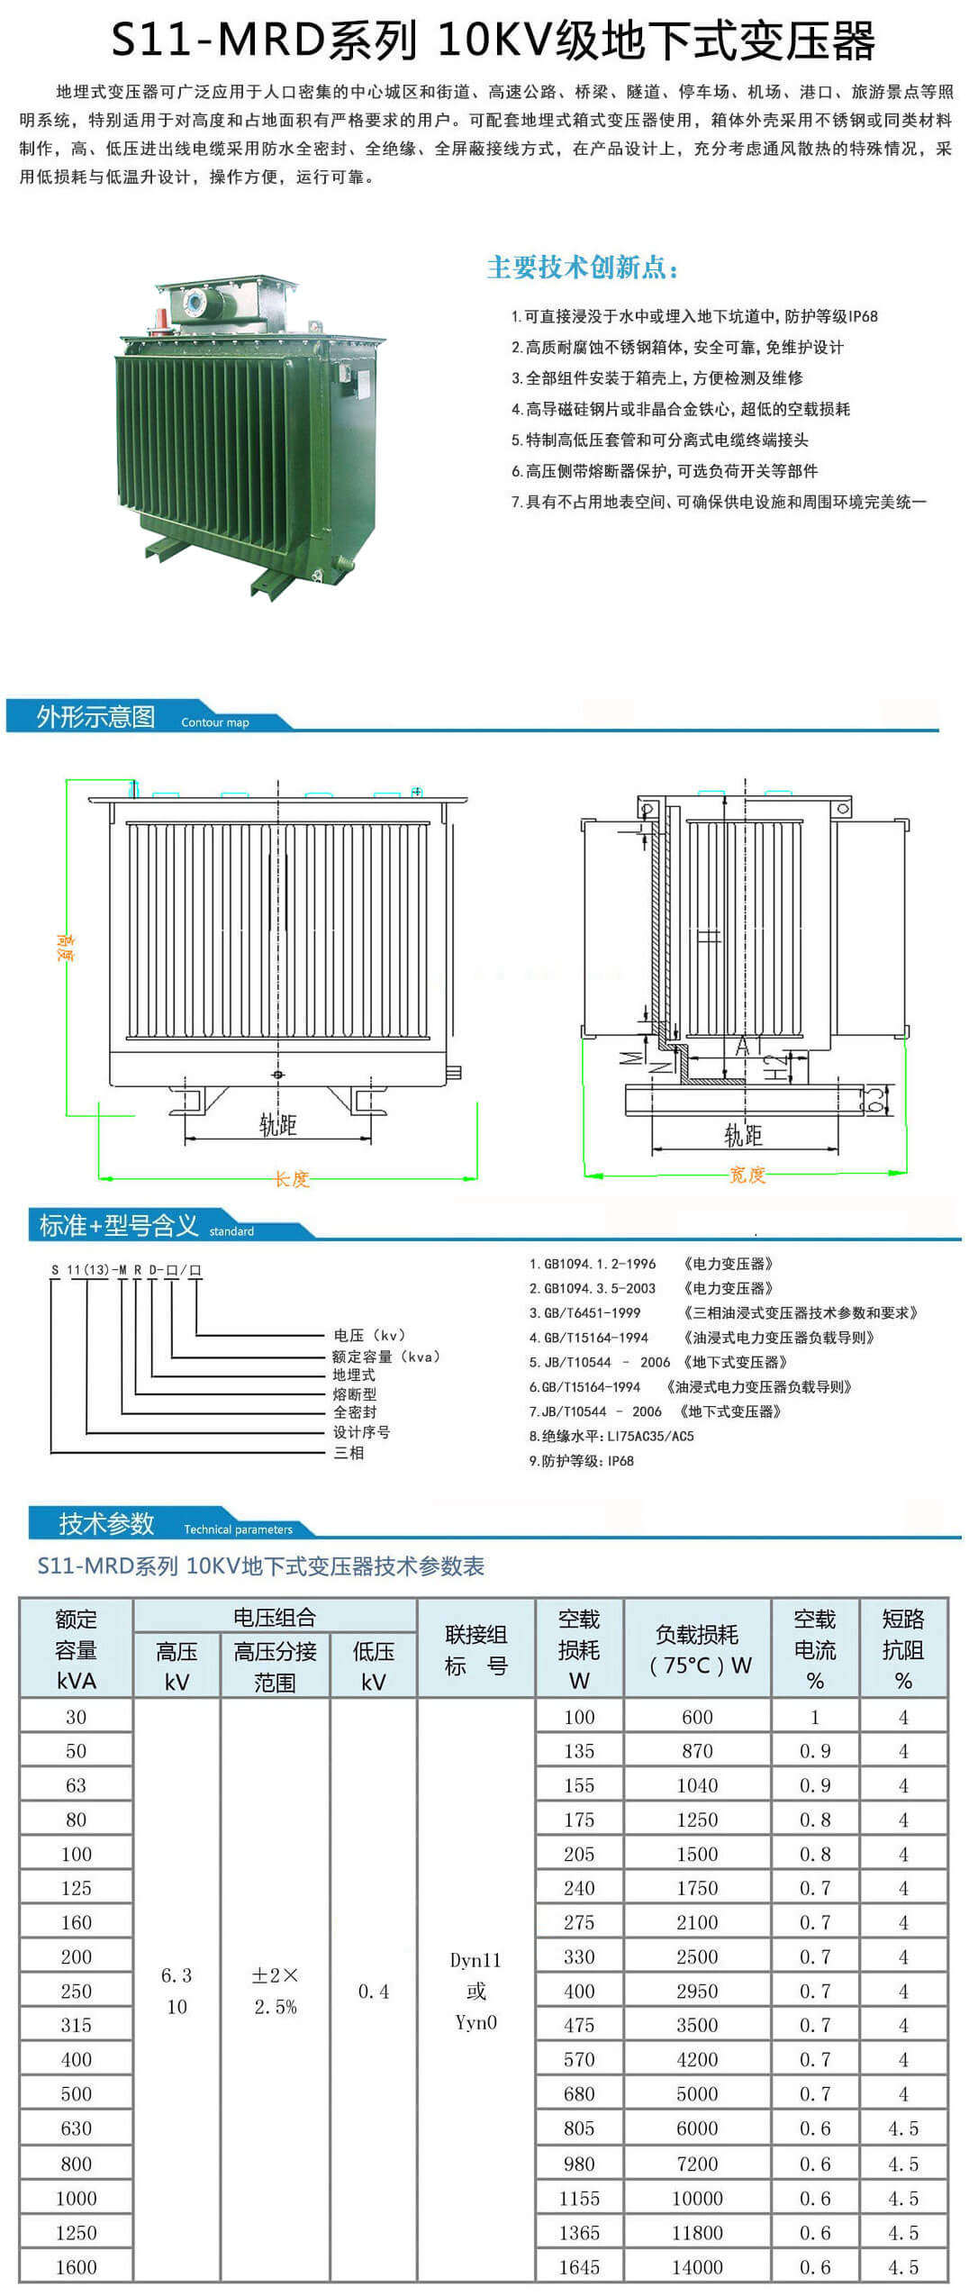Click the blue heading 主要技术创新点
(583, 268)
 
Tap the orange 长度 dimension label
(292, 1178)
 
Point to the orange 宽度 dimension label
(747, 1175)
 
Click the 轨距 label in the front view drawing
(277, 1124)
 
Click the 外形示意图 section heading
(95, 717)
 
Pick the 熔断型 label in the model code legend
(354, 1393)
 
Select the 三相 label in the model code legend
(349, 1452)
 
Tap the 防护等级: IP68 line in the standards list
(581, 1460)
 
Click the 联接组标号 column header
(475, 1649)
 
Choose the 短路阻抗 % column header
(902, 1649)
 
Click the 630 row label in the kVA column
(77, 2128)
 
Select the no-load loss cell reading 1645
(579, 2267)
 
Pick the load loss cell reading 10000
(697, 2199)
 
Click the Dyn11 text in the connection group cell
(475, 1960)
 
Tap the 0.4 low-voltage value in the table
(374, 1992)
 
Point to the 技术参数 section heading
(106, 1523)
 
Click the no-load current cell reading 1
(814, 1718)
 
